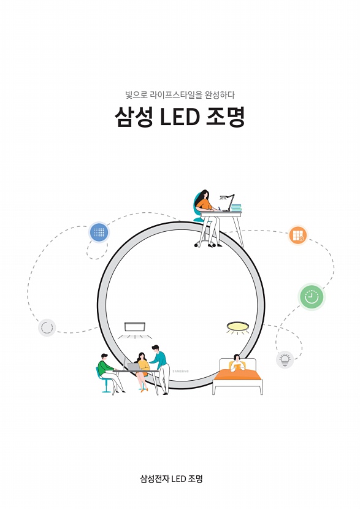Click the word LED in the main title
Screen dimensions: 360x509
tap(180, 117)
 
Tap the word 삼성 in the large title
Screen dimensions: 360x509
tap(134, 117)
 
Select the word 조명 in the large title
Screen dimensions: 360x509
tap(226, 117)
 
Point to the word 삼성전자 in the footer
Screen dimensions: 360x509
tap(155, 479)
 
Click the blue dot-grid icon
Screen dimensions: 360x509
tap(99, 232)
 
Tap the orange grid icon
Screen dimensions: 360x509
tap(297, 235)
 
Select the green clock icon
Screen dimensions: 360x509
tap(312, 297)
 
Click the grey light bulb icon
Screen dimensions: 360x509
tap(285, 360)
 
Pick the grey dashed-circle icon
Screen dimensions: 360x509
tap(47, 327)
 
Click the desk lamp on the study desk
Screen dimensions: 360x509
tap(228, 202)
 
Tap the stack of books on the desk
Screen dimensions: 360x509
tap(236, 207)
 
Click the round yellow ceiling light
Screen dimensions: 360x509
tap(237, 326)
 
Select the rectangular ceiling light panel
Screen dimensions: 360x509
tap(135, 327)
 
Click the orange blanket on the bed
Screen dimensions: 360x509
tap(237, 374)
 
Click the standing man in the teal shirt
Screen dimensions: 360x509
tap(161, 369)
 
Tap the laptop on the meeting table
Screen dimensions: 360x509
tap(131, 365)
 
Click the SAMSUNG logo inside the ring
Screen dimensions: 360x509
tap(180, 371)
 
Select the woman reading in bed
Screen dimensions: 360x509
tap(237, 363)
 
